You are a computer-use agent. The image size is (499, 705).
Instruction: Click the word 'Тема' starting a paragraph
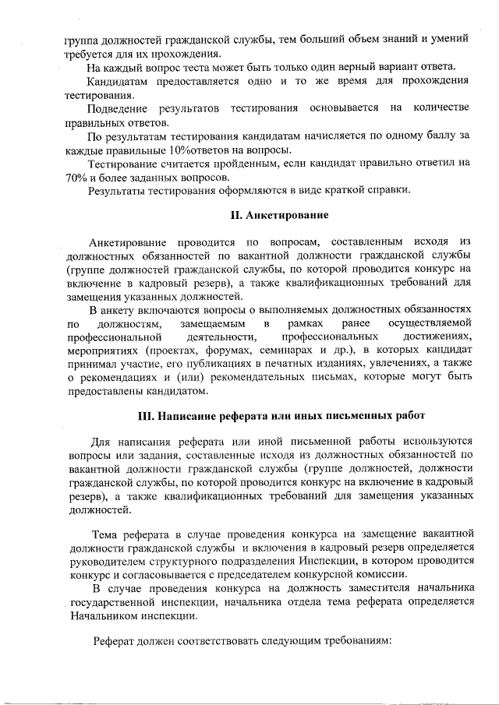(x=106, y=534)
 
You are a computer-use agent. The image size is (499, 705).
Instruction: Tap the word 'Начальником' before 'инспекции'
(x=105, y=615)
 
